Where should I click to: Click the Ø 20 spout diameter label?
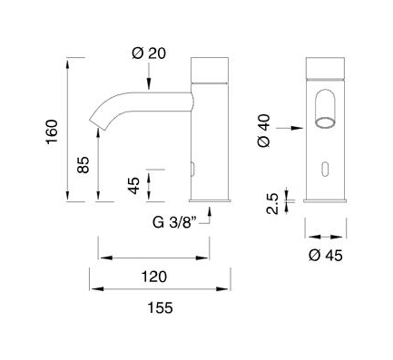tap(149, 54)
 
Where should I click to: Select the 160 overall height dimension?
tap(52, 132)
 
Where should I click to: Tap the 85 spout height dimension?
tap(84, 165)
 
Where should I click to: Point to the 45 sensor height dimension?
tap(133, 185)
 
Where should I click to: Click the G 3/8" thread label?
tap(175, 223)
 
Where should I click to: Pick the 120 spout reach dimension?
tap(154, 277)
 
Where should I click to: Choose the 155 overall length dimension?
tap(160, 307)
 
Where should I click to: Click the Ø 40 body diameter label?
tap(264, 131)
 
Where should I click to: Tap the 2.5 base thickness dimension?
tap(272, 204)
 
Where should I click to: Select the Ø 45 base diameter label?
tap(326, 256)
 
